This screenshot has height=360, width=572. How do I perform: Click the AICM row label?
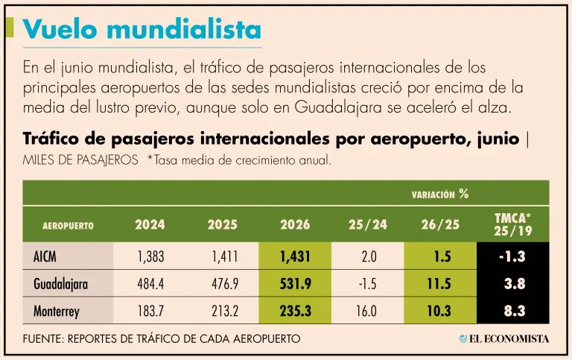(x=45, y=256)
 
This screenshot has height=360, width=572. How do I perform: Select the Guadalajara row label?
(x=60, y=284)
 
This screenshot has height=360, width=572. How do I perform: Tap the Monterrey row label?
(x=56, y=311)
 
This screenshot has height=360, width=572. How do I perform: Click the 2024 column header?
(x=150, y=224)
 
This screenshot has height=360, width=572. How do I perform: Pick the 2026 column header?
(x=295, y=224)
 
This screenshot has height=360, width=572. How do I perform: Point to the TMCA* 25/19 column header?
(x=513, y=224)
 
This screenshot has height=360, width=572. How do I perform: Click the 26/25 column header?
(x=440, y=224)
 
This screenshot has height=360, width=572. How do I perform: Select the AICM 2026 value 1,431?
(x=295, y=256)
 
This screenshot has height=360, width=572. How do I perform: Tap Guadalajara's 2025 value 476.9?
(x=225, y=284)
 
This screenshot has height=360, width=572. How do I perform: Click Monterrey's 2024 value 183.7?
(x=150, y=311)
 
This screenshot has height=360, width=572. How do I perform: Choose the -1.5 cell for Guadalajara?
(x=367, y=284)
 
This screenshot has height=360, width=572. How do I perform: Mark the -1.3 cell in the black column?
(x=512, y=256)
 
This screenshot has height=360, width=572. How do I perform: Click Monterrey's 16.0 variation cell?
(x=366, y=311)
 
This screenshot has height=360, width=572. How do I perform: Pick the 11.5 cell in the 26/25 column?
(x=439, y=284)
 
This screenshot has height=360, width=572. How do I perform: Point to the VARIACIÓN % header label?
(x=440, y=194)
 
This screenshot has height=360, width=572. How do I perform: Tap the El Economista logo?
(x=504, y=339)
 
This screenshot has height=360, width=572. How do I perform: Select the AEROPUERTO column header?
(x=68, y=226)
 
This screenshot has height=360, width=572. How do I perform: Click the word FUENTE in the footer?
(x=43, y=339)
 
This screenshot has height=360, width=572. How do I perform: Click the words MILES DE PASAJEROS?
(x=80, y=160)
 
